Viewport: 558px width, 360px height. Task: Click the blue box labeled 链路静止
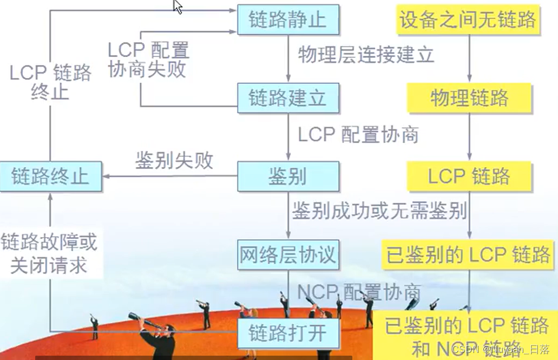coord(288,20)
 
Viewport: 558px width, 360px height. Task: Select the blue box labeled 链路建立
coord(288,98)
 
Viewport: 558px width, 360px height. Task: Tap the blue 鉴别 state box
coord(288,176)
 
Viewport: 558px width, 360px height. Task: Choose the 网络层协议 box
coord(288,254)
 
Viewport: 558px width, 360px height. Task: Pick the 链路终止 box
coord(51,176)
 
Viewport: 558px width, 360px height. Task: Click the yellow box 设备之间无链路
coord(468,20)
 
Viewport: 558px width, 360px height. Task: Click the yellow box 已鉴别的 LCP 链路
coord(469,254)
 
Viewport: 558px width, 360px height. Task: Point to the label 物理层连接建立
coord(366,55)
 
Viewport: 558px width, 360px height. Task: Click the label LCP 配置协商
coord(358,134)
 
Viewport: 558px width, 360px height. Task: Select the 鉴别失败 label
coord(174,161)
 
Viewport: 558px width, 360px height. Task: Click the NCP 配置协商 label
coord(359,292)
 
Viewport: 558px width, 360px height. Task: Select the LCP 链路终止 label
coord(50,82)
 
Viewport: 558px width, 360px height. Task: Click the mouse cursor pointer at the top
coord(178,6)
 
